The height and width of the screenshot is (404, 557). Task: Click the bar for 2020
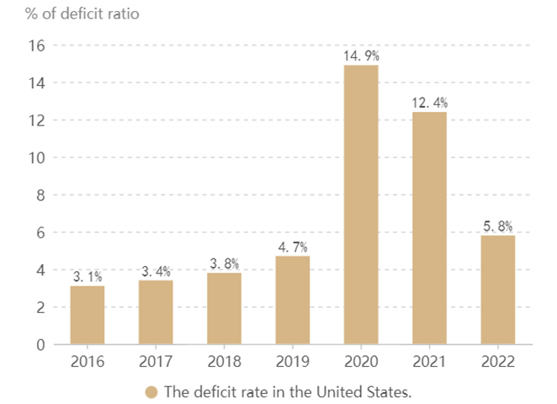click(361, 205)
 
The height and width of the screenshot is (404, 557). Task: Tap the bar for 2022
click(497, 290)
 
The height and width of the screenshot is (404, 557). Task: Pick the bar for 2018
click(224, 308)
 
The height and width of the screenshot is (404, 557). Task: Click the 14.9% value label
click(361, 56)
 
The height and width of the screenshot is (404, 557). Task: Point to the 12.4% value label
click(429, 103)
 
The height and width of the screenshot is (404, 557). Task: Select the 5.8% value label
click(497, 226)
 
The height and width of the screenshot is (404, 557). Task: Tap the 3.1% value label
click(88, 277)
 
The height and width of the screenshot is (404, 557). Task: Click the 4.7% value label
click(292, 247)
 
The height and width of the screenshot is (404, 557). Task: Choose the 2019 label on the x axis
click(292, 363)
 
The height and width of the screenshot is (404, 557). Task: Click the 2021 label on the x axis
click(429, 363)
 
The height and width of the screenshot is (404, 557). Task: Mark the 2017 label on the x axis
click(156, 363)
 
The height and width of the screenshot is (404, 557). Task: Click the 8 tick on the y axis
click(38, 195)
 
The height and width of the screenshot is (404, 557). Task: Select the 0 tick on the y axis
click(38, 344)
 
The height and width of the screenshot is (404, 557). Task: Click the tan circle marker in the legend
click(151, 392)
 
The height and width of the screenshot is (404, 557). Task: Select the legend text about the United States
click(288, 392)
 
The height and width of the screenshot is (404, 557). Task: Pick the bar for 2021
click(429, 228)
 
